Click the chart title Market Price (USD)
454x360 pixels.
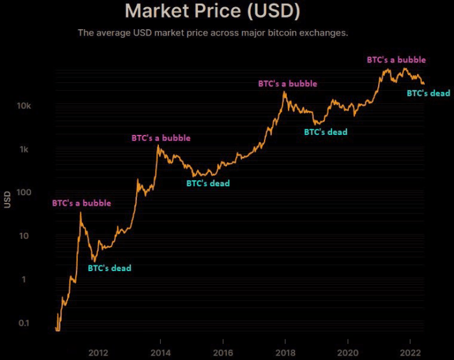coord(212,11)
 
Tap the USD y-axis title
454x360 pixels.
coord(8,198)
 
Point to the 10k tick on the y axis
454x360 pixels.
coord(24,106)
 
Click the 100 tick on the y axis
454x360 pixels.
coord(25,193)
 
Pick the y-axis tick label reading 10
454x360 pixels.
coord(27,235)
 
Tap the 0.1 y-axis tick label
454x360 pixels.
coord(25,323)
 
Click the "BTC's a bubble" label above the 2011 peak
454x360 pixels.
coord(81,203)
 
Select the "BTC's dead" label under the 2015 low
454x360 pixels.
coord(208,184)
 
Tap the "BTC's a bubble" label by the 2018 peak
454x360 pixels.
coord(288,84)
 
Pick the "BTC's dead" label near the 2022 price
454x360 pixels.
coord(428,93)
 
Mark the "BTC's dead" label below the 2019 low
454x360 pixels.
coord(326,132)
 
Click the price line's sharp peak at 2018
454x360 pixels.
coord(284,92)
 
